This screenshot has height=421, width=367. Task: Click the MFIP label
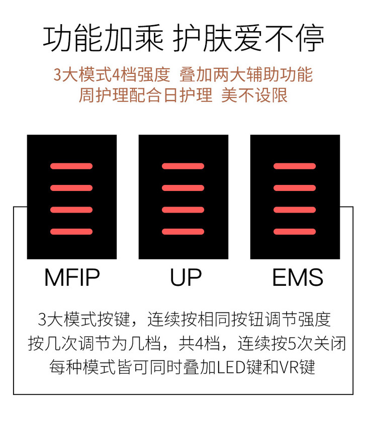[72, 277]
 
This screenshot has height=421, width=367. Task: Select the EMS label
[298, 277]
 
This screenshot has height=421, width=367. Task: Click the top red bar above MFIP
[71, 166]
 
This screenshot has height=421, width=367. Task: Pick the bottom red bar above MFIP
[71, 232]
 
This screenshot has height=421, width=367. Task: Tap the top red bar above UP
[183, 166]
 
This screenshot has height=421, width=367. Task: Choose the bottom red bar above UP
[183, 232]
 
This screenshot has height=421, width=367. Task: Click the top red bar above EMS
[295, 166]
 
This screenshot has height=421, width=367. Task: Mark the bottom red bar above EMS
[295, 232]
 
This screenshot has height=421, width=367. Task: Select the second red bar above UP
[183, 188]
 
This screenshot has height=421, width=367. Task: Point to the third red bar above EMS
[295, 209]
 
